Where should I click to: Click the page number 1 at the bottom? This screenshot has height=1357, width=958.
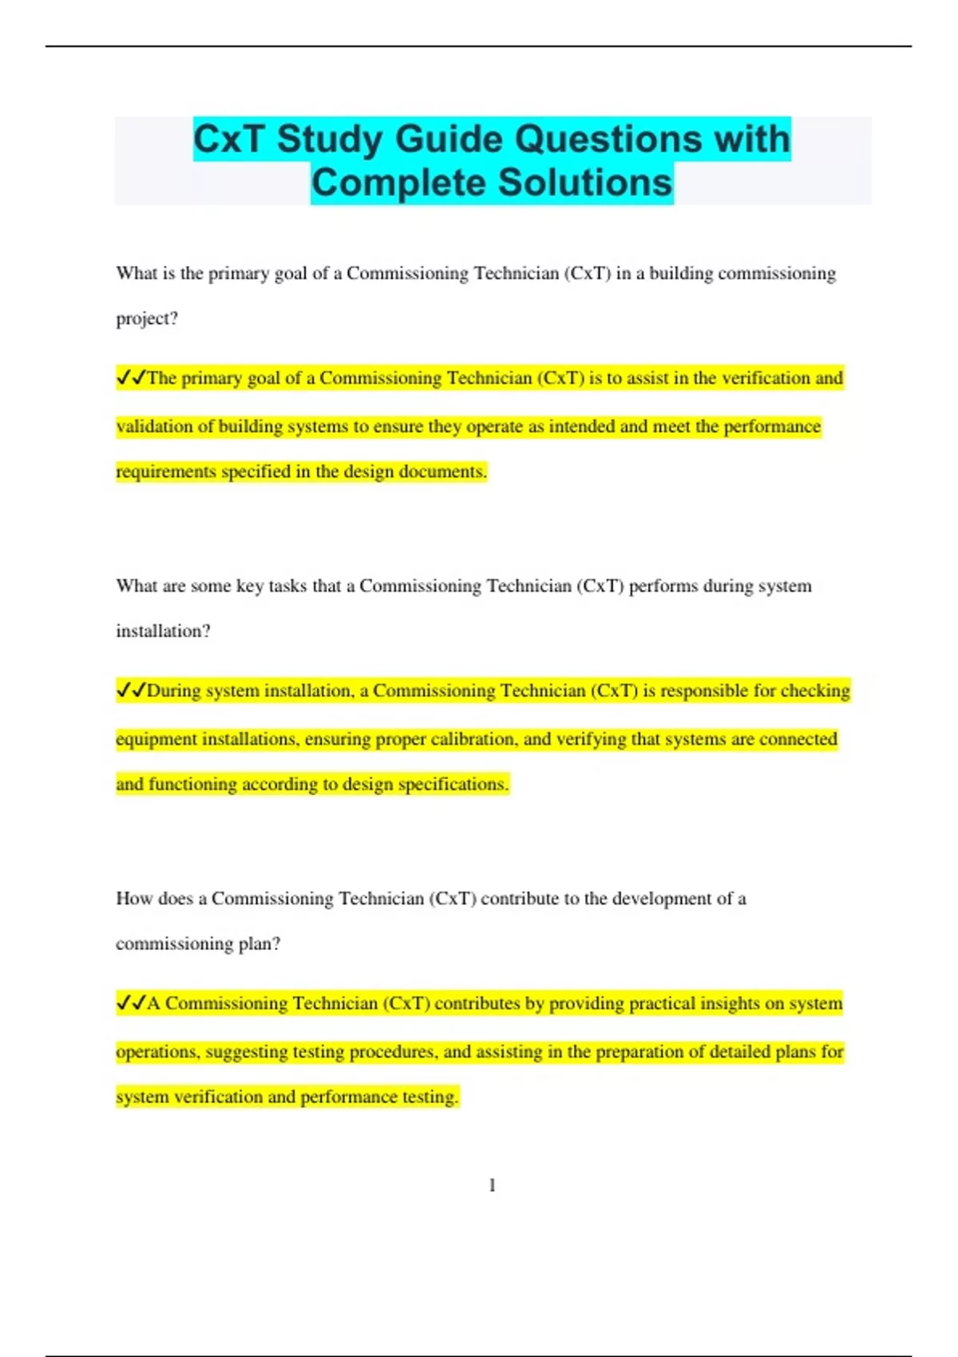click(492, 1185)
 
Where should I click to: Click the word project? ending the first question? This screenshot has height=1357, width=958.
click(147, 318)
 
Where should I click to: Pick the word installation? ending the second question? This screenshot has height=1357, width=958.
click(163, 631)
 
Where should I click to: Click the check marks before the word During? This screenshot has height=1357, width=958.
click(131, 690)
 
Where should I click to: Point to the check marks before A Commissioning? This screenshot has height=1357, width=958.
click(131, 1003)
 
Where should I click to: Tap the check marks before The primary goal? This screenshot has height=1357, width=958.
click(131, 377)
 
